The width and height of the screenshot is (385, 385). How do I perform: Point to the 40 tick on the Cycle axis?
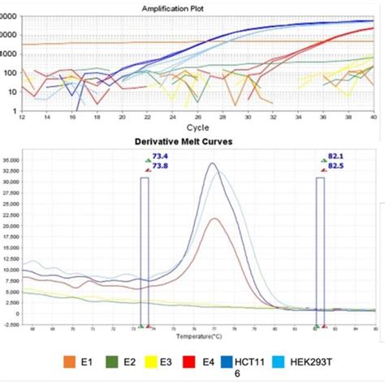(373, 119)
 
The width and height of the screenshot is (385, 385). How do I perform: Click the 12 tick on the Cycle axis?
(22, 119)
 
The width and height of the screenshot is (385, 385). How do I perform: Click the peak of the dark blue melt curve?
(213, 164)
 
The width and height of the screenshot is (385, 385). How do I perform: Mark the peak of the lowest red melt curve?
(214, 218)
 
